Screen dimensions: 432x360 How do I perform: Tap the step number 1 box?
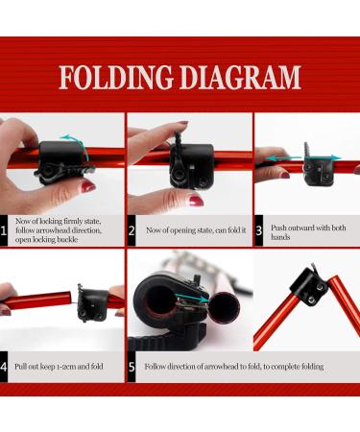click(x=6, y=230)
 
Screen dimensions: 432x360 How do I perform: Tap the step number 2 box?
click(x=132, y=230)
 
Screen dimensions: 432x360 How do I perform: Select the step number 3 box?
click(x=259, y=230)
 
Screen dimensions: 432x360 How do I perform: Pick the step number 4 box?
click(x=6, y=366)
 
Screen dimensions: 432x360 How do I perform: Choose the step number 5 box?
click(x=132, y=366)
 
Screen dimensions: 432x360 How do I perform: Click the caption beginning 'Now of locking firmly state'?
click(x=66, y=230)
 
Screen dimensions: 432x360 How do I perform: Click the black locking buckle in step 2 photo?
click(x=187, y=163)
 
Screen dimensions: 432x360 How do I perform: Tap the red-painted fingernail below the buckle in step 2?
click(x=195, y=201)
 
